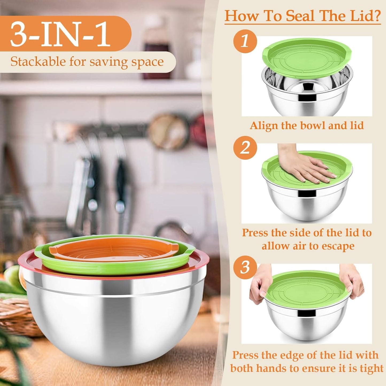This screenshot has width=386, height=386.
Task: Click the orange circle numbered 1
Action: tap(245, 42)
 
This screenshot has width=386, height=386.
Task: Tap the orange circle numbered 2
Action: tap(245, 148)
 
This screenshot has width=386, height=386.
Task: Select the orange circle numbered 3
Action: tap(245, 267)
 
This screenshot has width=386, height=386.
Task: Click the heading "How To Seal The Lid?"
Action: tap(302, 16)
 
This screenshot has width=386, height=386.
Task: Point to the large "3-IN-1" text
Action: tap(60, 34)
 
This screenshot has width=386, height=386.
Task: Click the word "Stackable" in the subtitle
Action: tap(38, 62)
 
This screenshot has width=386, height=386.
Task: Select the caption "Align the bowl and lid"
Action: tap(307, 125)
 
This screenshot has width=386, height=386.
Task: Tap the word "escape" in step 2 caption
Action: tap(338, 246)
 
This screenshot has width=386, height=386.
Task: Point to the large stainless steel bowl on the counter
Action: tap(112, 321)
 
